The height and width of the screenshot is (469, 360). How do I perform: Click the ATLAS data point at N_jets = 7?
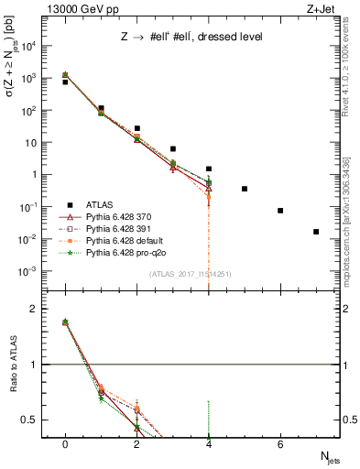pos(316,232)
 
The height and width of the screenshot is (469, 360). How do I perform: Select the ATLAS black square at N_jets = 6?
pos(280,211)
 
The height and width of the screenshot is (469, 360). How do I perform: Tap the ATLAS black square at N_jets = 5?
pos(245,189)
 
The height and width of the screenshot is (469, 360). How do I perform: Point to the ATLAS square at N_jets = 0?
pos(65,82)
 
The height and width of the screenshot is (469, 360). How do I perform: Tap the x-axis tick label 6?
pos(280,443)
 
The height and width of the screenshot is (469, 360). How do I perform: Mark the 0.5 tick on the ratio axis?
pos(38,420)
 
